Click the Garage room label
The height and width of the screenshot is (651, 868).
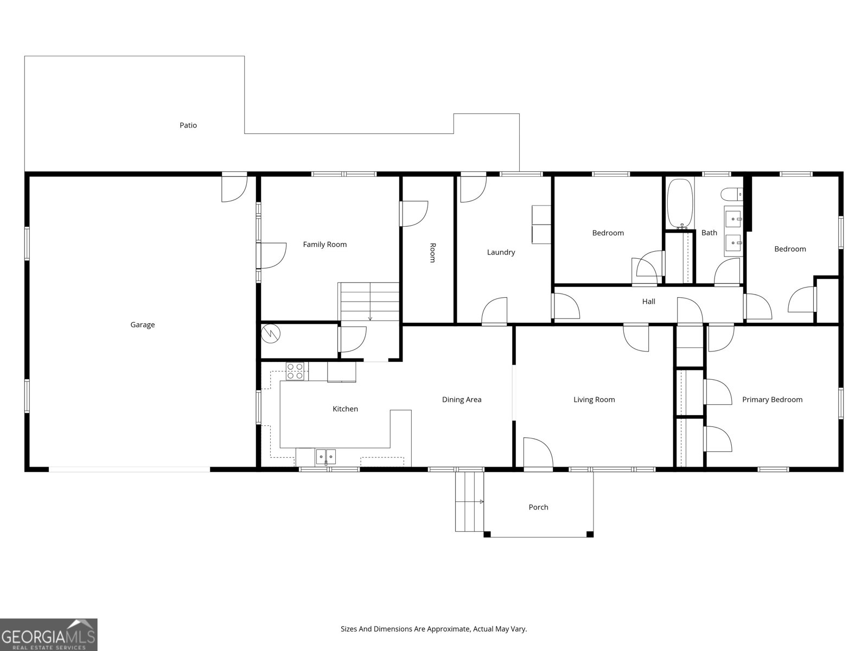click(142, 324)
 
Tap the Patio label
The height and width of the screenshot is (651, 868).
click(188, 125)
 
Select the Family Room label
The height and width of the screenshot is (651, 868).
click(324, 245)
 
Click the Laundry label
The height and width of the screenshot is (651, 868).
click(501, 252)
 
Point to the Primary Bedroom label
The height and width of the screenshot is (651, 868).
click(772, 400)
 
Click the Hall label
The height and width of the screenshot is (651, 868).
click(648, 302)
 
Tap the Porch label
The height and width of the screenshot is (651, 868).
click(538, 507)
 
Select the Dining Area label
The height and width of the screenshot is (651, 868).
click(462, 400)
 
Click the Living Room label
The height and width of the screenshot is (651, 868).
click(594, 400)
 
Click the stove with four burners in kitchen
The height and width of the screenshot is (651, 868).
click(295, 371)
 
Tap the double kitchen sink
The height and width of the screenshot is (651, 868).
click(325, 457)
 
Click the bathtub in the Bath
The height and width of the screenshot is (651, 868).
click(679, 203)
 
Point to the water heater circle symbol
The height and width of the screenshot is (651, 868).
click(270, 333)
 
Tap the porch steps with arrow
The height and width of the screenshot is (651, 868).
click(469, 501)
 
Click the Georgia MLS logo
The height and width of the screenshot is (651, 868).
click(49, 635)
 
